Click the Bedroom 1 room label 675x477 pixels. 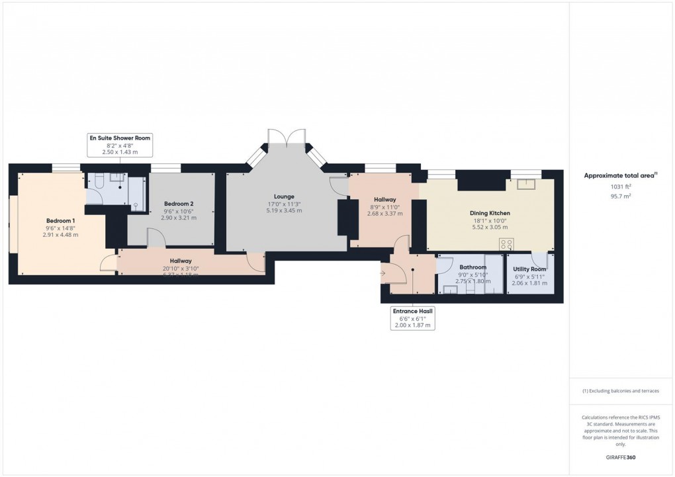click(x=60, y=220)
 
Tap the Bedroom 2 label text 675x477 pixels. click(x=179, y=203)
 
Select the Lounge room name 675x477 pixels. click(x=284, y=196)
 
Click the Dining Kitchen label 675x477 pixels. click(x=489, y=213)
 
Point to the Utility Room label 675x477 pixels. click(x=529, y=269)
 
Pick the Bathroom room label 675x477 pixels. click(x=472, y=267)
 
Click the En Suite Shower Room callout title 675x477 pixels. click(x=120, y=138)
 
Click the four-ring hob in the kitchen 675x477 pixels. click(x=508, y=243)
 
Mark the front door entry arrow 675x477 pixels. click(x=384, y=271)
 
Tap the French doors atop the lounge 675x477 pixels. click(x=286, y=137)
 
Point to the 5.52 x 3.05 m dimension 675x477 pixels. click(x=489, y=227)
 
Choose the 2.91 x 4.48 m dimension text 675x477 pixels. click(x=60, y=234)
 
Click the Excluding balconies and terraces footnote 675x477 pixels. click(x=620, y=391)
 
